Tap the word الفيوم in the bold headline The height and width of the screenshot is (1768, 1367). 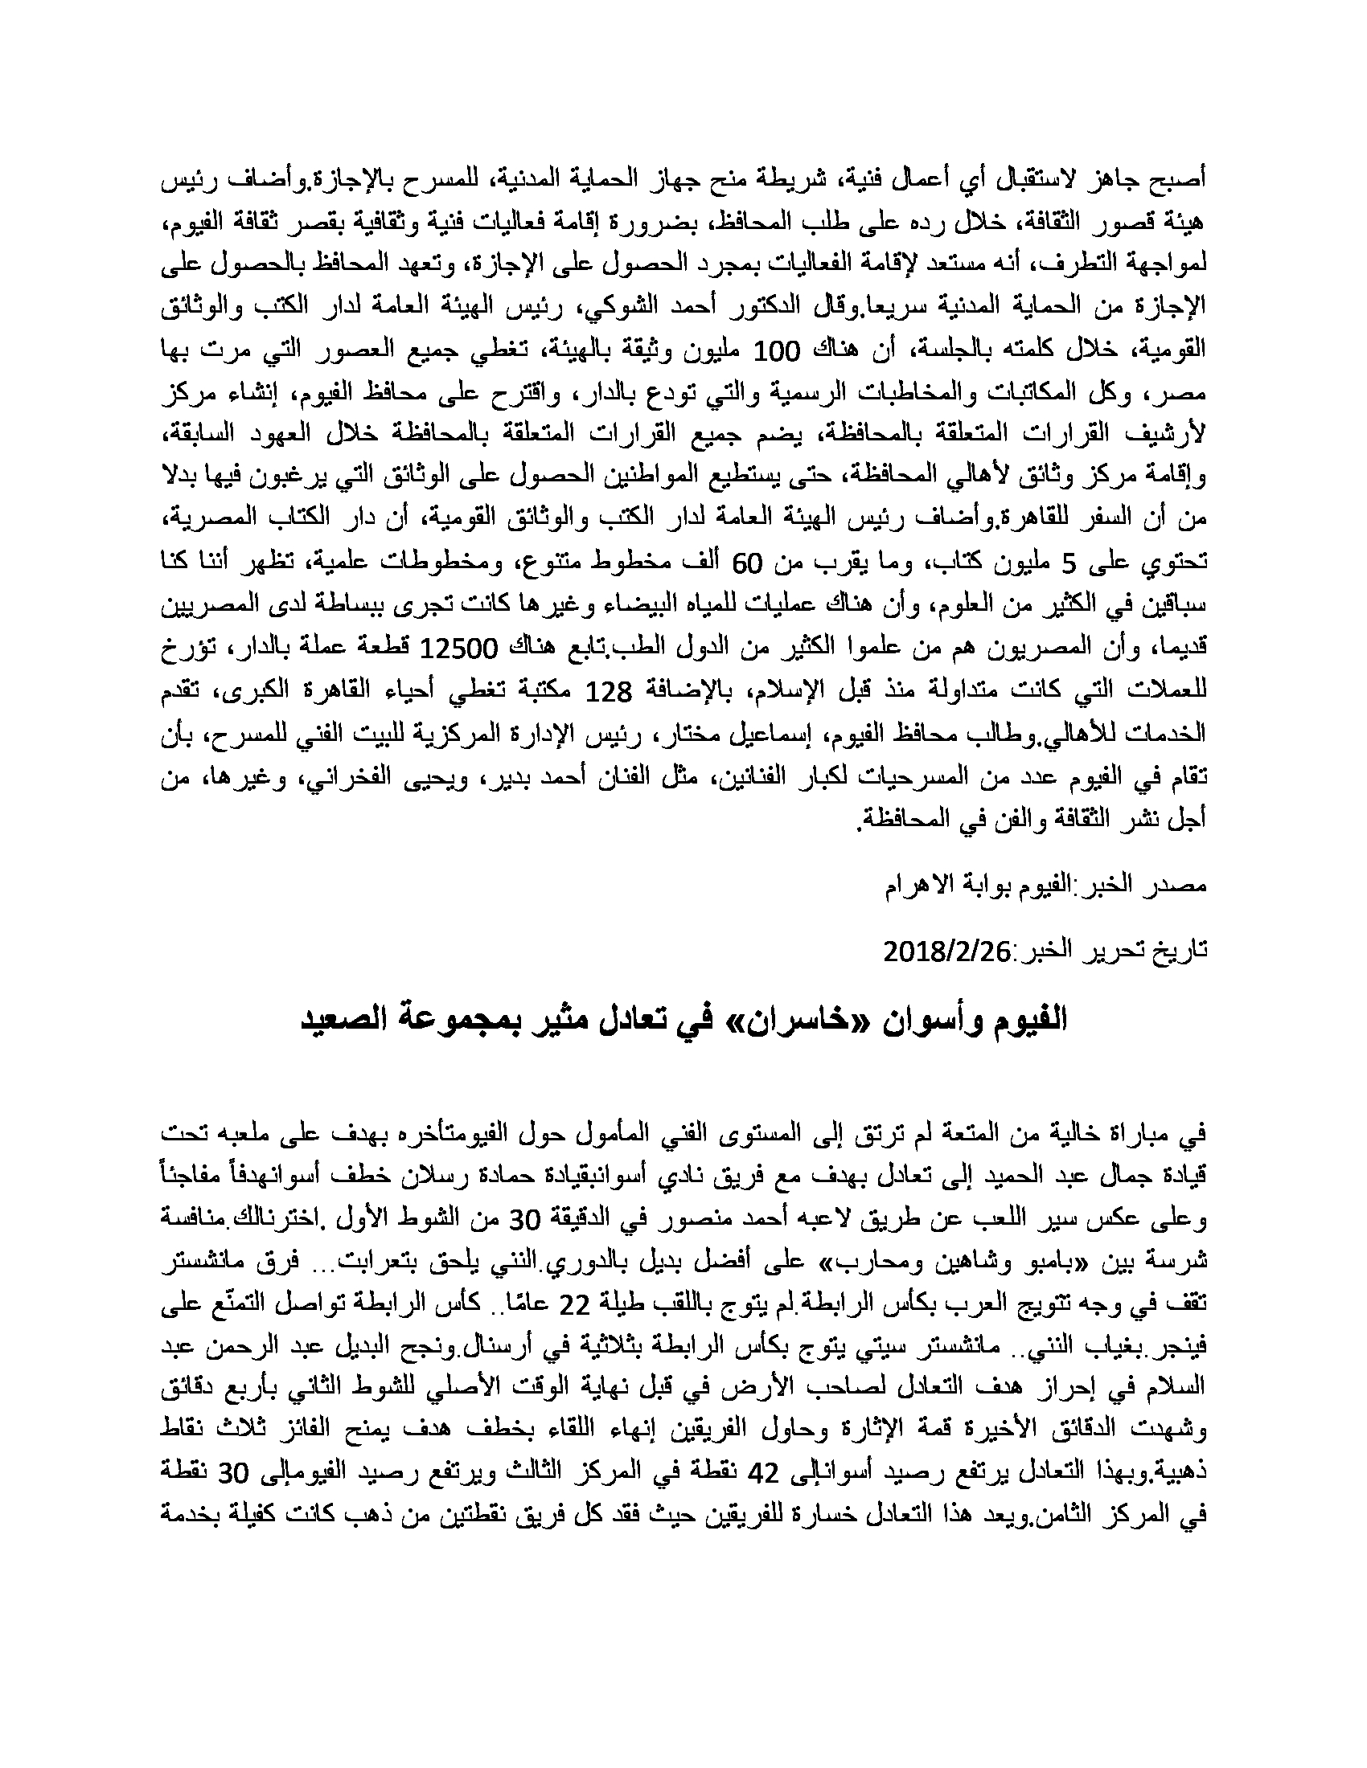pos(1027,1020)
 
